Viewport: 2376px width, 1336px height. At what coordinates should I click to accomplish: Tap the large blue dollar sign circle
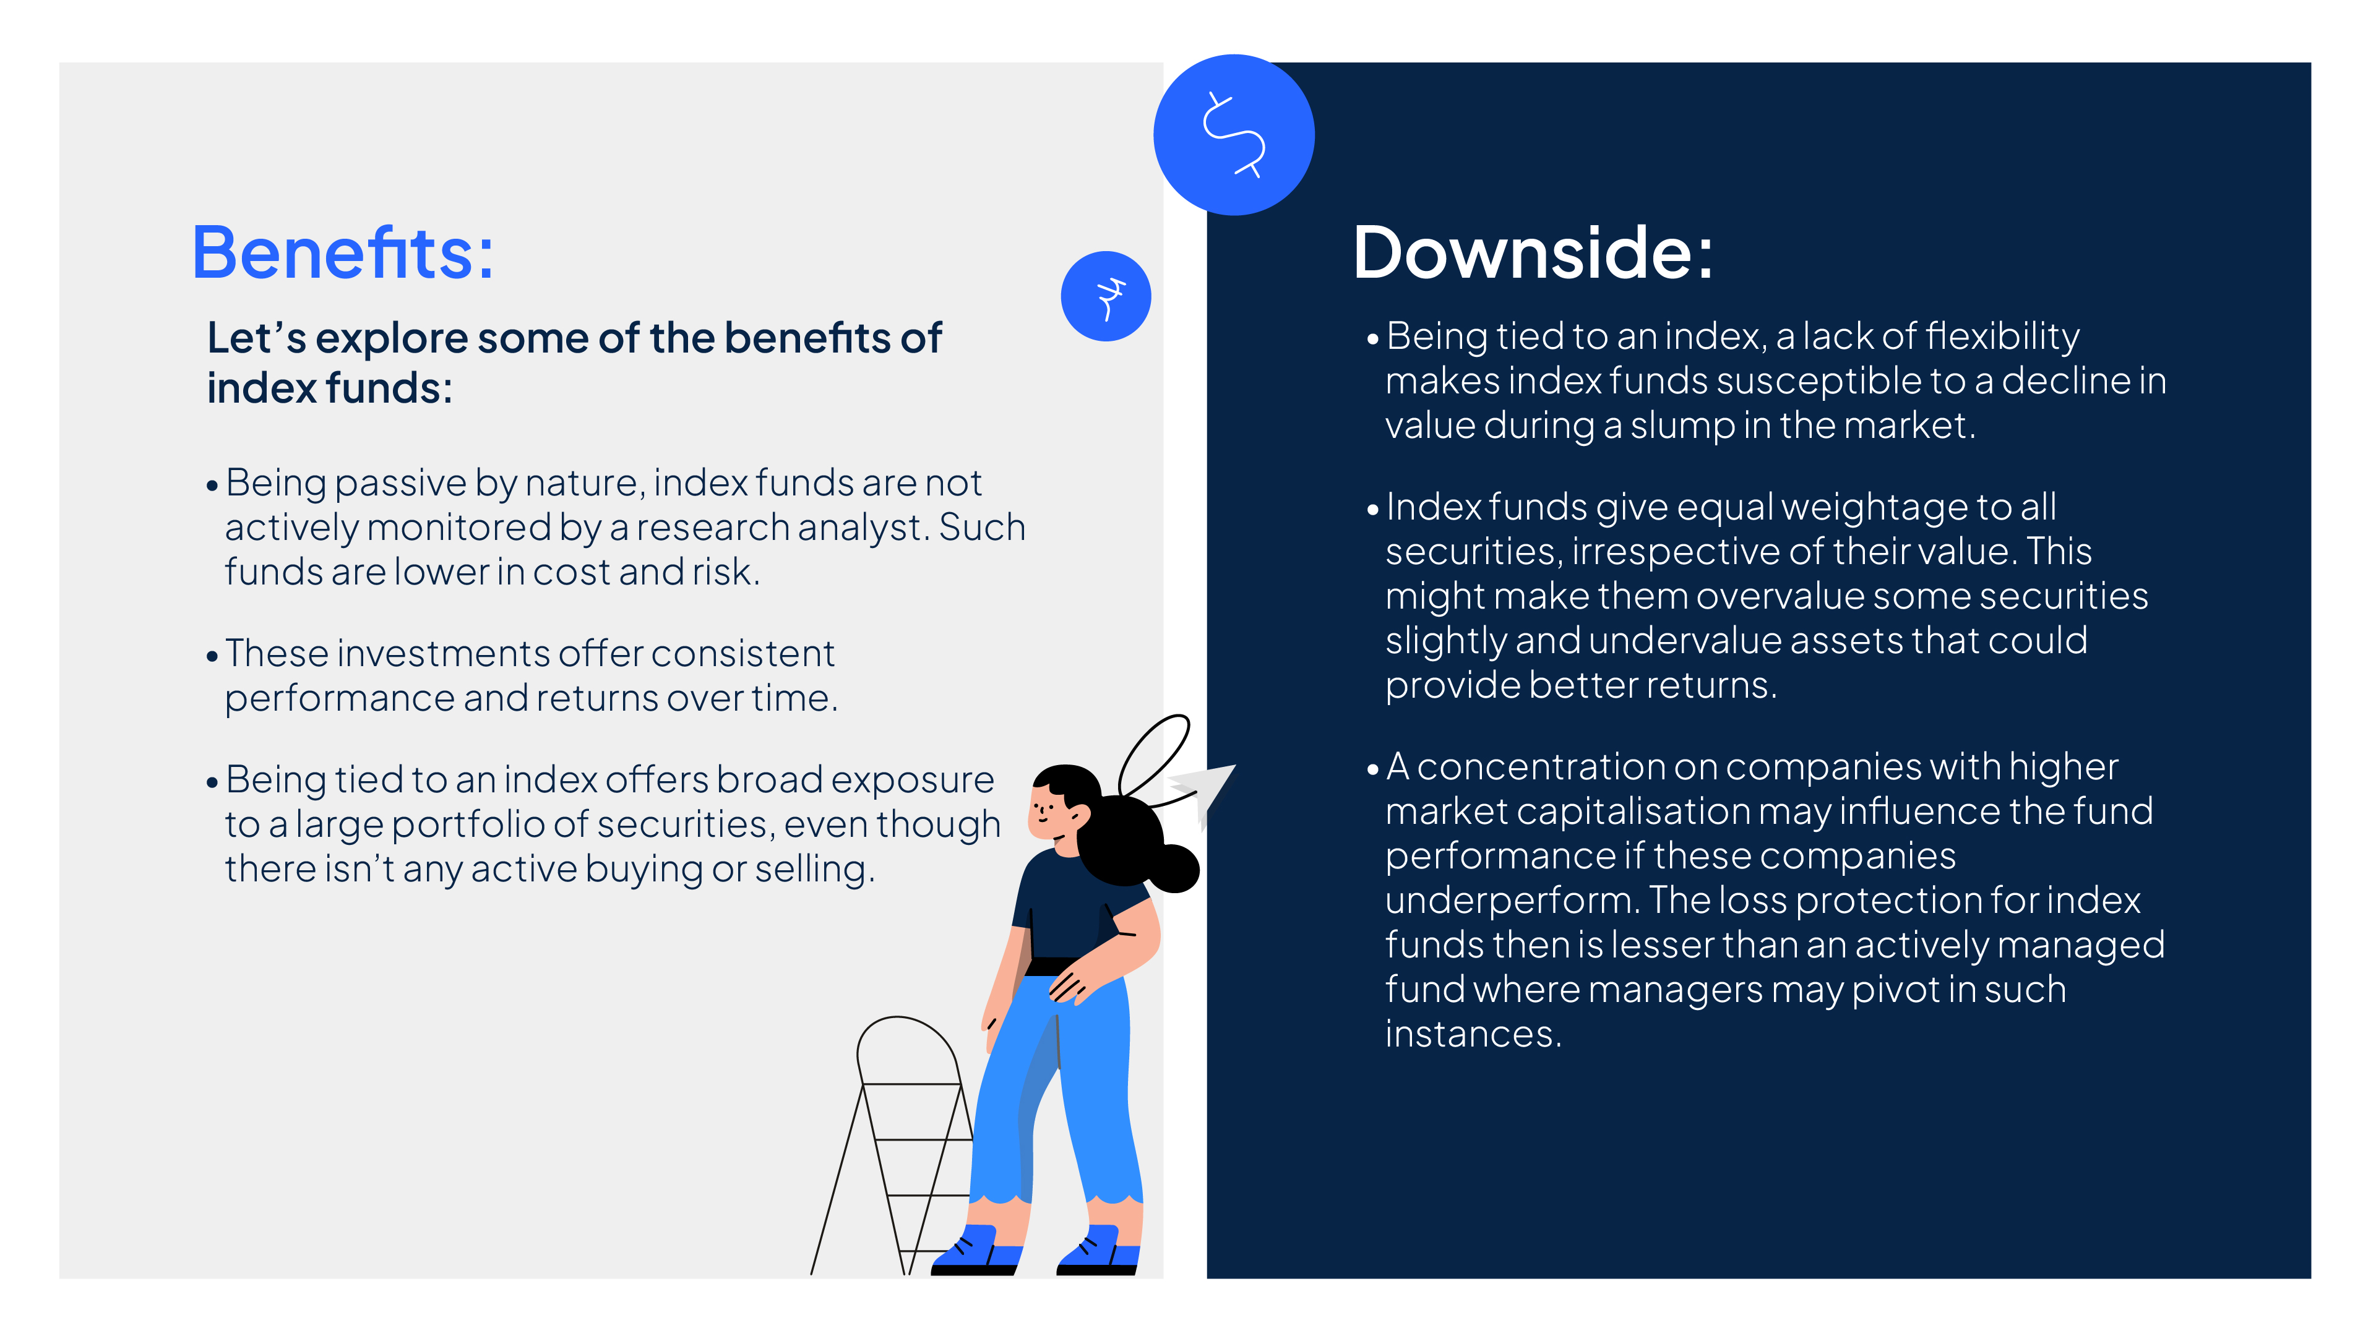(1234, 135)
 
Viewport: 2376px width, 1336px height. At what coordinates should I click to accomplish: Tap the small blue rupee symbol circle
(1106, 296)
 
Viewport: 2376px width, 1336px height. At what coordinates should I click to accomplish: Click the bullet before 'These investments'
(212, 656)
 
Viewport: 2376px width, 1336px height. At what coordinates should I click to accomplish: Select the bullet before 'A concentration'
(1372, 770)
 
